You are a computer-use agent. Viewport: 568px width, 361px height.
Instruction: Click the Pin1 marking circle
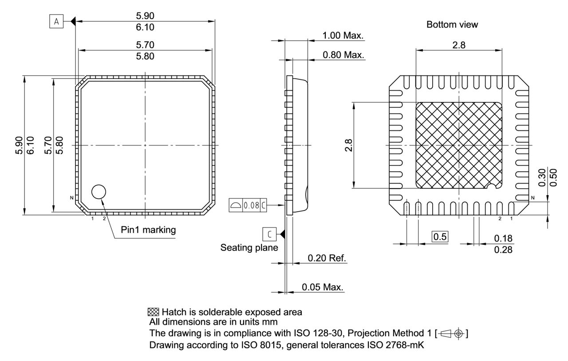99,192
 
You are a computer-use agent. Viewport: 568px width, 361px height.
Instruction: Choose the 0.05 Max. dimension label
323,287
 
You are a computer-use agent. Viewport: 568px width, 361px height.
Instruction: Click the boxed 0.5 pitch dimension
440,236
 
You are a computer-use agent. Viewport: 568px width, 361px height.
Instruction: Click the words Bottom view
452,25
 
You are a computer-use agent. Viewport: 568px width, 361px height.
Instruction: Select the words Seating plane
249,248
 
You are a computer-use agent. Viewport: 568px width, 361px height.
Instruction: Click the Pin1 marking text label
148,230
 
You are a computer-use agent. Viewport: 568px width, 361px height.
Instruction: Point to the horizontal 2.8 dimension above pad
459,45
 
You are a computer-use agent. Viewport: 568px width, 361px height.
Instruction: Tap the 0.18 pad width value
503,239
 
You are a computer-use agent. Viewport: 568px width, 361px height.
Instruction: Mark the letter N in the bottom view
532,198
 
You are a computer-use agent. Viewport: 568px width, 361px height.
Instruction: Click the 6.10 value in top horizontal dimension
145,27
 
